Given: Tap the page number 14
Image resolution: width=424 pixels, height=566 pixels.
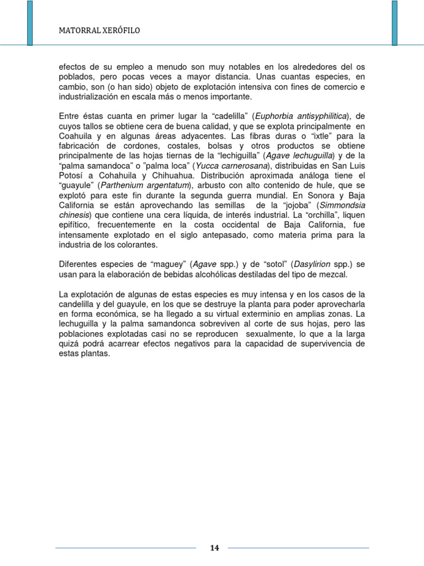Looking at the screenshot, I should click(215, 548).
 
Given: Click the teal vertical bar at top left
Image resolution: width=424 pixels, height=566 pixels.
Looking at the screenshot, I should click(29, 23).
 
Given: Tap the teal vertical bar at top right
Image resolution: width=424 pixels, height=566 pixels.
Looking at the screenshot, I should click(394, 23).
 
